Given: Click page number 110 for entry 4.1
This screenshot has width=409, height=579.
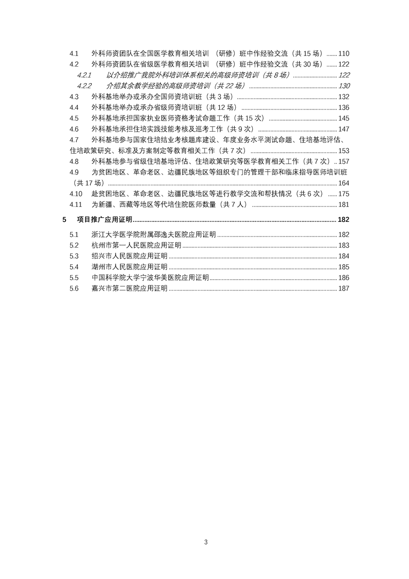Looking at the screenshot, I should coord(344,54).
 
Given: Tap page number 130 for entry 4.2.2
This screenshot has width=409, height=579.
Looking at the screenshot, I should coord(344,86).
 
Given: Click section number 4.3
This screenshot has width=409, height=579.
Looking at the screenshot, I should coord(74,97).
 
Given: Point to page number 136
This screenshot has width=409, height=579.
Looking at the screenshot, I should coord(344,107).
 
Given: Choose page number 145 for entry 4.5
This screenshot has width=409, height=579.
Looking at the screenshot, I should coord(344,118).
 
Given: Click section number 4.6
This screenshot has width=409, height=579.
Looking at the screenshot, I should coord(74,129).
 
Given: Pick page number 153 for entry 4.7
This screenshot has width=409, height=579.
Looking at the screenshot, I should coord(344,151).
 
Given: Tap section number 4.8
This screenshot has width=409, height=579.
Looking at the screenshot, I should coord(74,162).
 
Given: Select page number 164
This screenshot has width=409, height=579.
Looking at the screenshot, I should coord(344,183).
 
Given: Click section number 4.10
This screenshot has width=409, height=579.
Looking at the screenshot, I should coord(75,194).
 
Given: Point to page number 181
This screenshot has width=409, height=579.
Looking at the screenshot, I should coord(344,204).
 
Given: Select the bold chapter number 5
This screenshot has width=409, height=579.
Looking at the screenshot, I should coord(64,220).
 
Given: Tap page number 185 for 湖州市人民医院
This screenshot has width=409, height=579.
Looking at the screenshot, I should coord(344,267).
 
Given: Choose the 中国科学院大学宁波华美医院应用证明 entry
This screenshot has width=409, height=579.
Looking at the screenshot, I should coord(150,278).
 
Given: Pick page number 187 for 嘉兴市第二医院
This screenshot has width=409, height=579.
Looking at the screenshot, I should coord(344,288).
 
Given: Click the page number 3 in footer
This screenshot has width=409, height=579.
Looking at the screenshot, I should coord(206,542).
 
